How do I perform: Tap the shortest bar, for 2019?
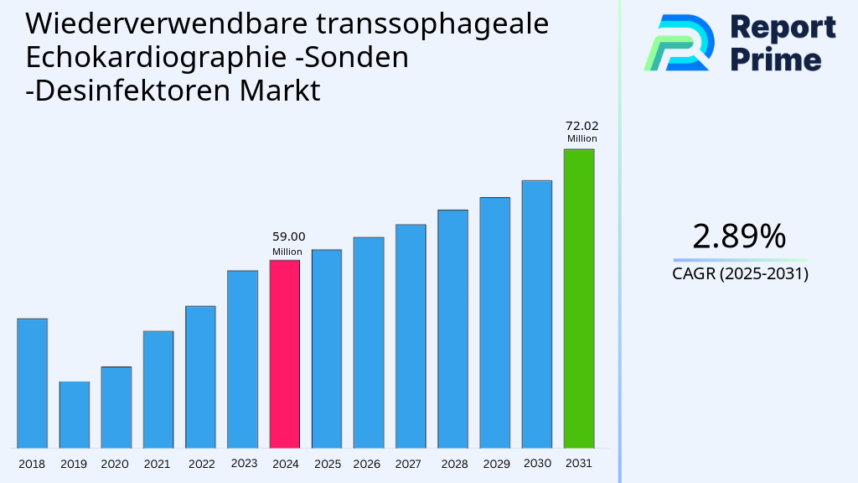click(x=74, y=414)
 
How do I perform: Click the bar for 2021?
click(x=158, y=389)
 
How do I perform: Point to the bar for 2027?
click(x=411, y=336)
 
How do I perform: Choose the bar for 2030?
click(x=537, y=314)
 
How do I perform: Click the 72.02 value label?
click(x=581, y=127)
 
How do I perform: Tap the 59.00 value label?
click(x=288, y=237)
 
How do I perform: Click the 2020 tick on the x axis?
click(x=115, y=464)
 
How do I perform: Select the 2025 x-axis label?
click(x=327, y=464)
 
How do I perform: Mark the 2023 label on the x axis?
click(x=243, y=463)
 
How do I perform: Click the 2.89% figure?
click(x=739, y=237)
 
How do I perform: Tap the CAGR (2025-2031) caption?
click(x=740, y=274)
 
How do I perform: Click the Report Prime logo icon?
click(x=679, y=43)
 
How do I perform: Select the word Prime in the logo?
click(x=775, y=60)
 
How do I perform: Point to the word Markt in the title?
click(x=281, y=90)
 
